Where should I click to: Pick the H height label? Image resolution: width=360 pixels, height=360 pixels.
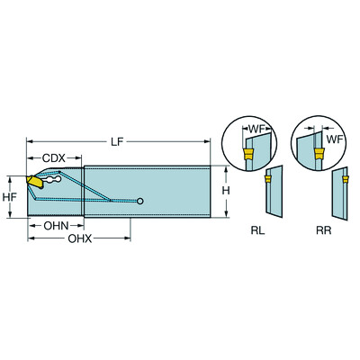[229, 191]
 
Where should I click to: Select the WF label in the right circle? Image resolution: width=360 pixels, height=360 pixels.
[333, 139]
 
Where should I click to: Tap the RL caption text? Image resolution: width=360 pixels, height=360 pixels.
[257, 230]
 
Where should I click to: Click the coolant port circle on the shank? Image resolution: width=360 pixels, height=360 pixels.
[139, 201]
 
